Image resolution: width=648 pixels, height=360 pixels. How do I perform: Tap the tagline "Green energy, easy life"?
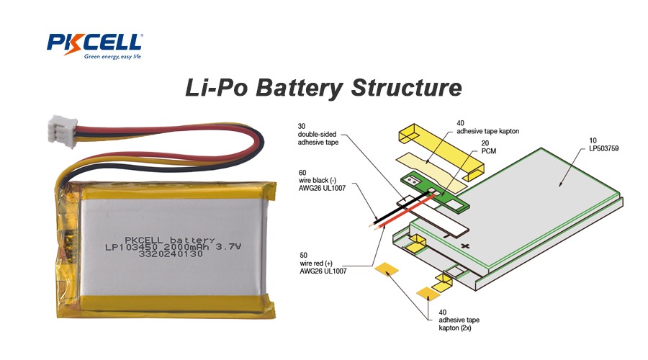pyautogui.click(x=112, y=56)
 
